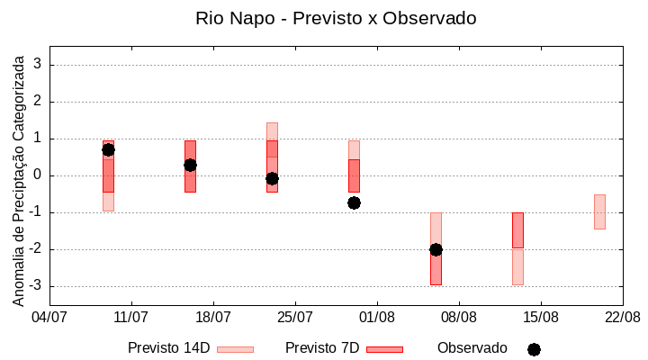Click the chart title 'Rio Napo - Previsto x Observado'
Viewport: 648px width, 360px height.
(x=336, y=18)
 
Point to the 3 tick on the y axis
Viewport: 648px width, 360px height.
(x=38, y=65)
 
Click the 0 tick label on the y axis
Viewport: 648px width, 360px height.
(x=38, y=175)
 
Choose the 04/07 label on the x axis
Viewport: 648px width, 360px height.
(x=49, y=317)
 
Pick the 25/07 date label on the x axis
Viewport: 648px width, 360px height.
(x=294, y=317)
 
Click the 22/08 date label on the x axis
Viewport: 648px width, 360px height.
(x=622, y=317)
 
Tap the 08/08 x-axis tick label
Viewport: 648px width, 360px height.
(x=458, y=317)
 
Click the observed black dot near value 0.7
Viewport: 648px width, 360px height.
(x=108, y=149)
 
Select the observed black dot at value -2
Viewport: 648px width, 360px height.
(x=436, y=249)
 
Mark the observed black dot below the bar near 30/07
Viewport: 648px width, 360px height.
(x=354, y=202)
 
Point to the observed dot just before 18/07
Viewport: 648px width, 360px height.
(x=190, y=165)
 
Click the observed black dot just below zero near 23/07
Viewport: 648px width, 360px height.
(x=272, y=178)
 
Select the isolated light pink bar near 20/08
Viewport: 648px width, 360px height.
(x=599, y=211)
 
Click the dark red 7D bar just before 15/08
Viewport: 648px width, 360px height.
(x=517, y=230)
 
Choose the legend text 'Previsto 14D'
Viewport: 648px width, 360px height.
(x=168, y=348)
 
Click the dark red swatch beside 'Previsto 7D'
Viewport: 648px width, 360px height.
(x=384, y=349)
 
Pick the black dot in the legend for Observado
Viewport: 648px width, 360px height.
(x=534, y=349)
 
